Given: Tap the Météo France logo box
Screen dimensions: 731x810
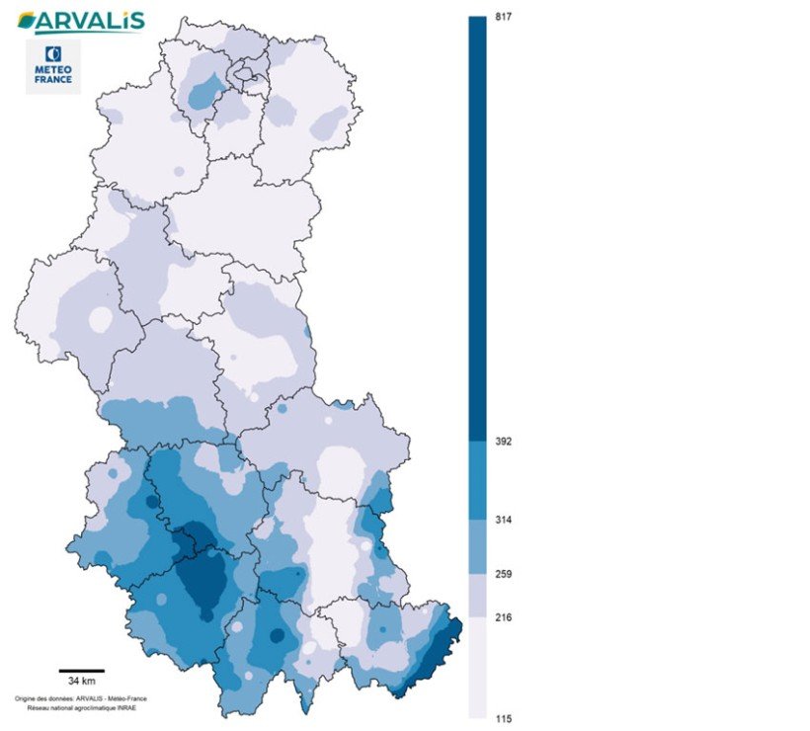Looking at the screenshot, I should pos(53,66).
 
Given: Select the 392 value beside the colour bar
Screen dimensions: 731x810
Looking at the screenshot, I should pos(504,442).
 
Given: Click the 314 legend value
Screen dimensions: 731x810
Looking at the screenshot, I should pos(504,520).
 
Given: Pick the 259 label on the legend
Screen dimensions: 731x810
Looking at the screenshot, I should pos(504,574).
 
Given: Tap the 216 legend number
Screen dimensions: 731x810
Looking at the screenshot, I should pos(504,617).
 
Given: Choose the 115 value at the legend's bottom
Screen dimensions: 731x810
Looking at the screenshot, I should pos(504,718).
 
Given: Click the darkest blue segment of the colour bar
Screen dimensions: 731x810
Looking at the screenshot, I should pos(477,227).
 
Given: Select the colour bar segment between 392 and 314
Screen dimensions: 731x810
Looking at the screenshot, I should pos(477,479).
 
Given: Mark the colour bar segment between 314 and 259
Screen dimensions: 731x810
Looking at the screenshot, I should pos(477,546).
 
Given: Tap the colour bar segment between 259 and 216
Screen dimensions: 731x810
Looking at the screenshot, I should pos(477,596).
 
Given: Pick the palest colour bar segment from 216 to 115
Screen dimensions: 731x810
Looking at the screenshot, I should pos(477,668).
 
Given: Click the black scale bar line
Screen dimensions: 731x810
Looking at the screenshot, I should pos(81,671).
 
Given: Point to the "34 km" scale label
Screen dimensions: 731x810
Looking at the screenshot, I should pos(81,682).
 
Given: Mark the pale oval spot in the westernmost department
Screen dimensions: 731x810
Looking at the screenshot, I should pos(100,320).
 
